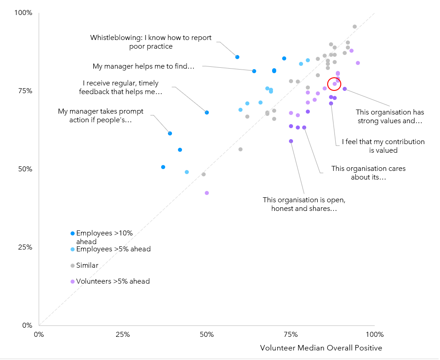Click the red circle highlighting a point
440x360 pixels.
coord(334,84)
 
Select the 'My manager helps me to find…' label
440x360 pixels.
coord(143,66)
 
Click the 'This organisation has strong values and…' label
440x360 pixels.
coord(389,117)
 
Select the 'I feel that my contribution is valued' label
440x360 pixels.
coord(383,146)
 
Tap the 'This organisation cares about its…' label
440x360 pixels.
coord(368,173)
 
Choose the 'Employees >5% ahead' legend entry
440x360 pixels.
coord(113,249)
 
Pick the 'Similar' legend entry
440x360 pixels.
coord(87,265)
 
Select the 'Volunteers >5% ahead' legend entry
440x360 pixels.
coord(113,281)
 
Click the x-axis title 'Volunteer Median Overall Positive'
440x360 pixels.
coord(321,348)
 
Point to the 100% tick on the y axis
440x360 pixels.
coord(23,13)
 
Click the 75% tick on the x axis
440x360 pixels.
coord(291,335)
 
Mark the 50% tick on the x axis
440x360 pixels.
coord(207,335)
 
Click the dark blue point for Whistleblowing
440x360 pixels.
coord(237,57)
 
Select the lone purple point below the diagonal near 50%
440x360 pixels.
coord(207,193)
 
